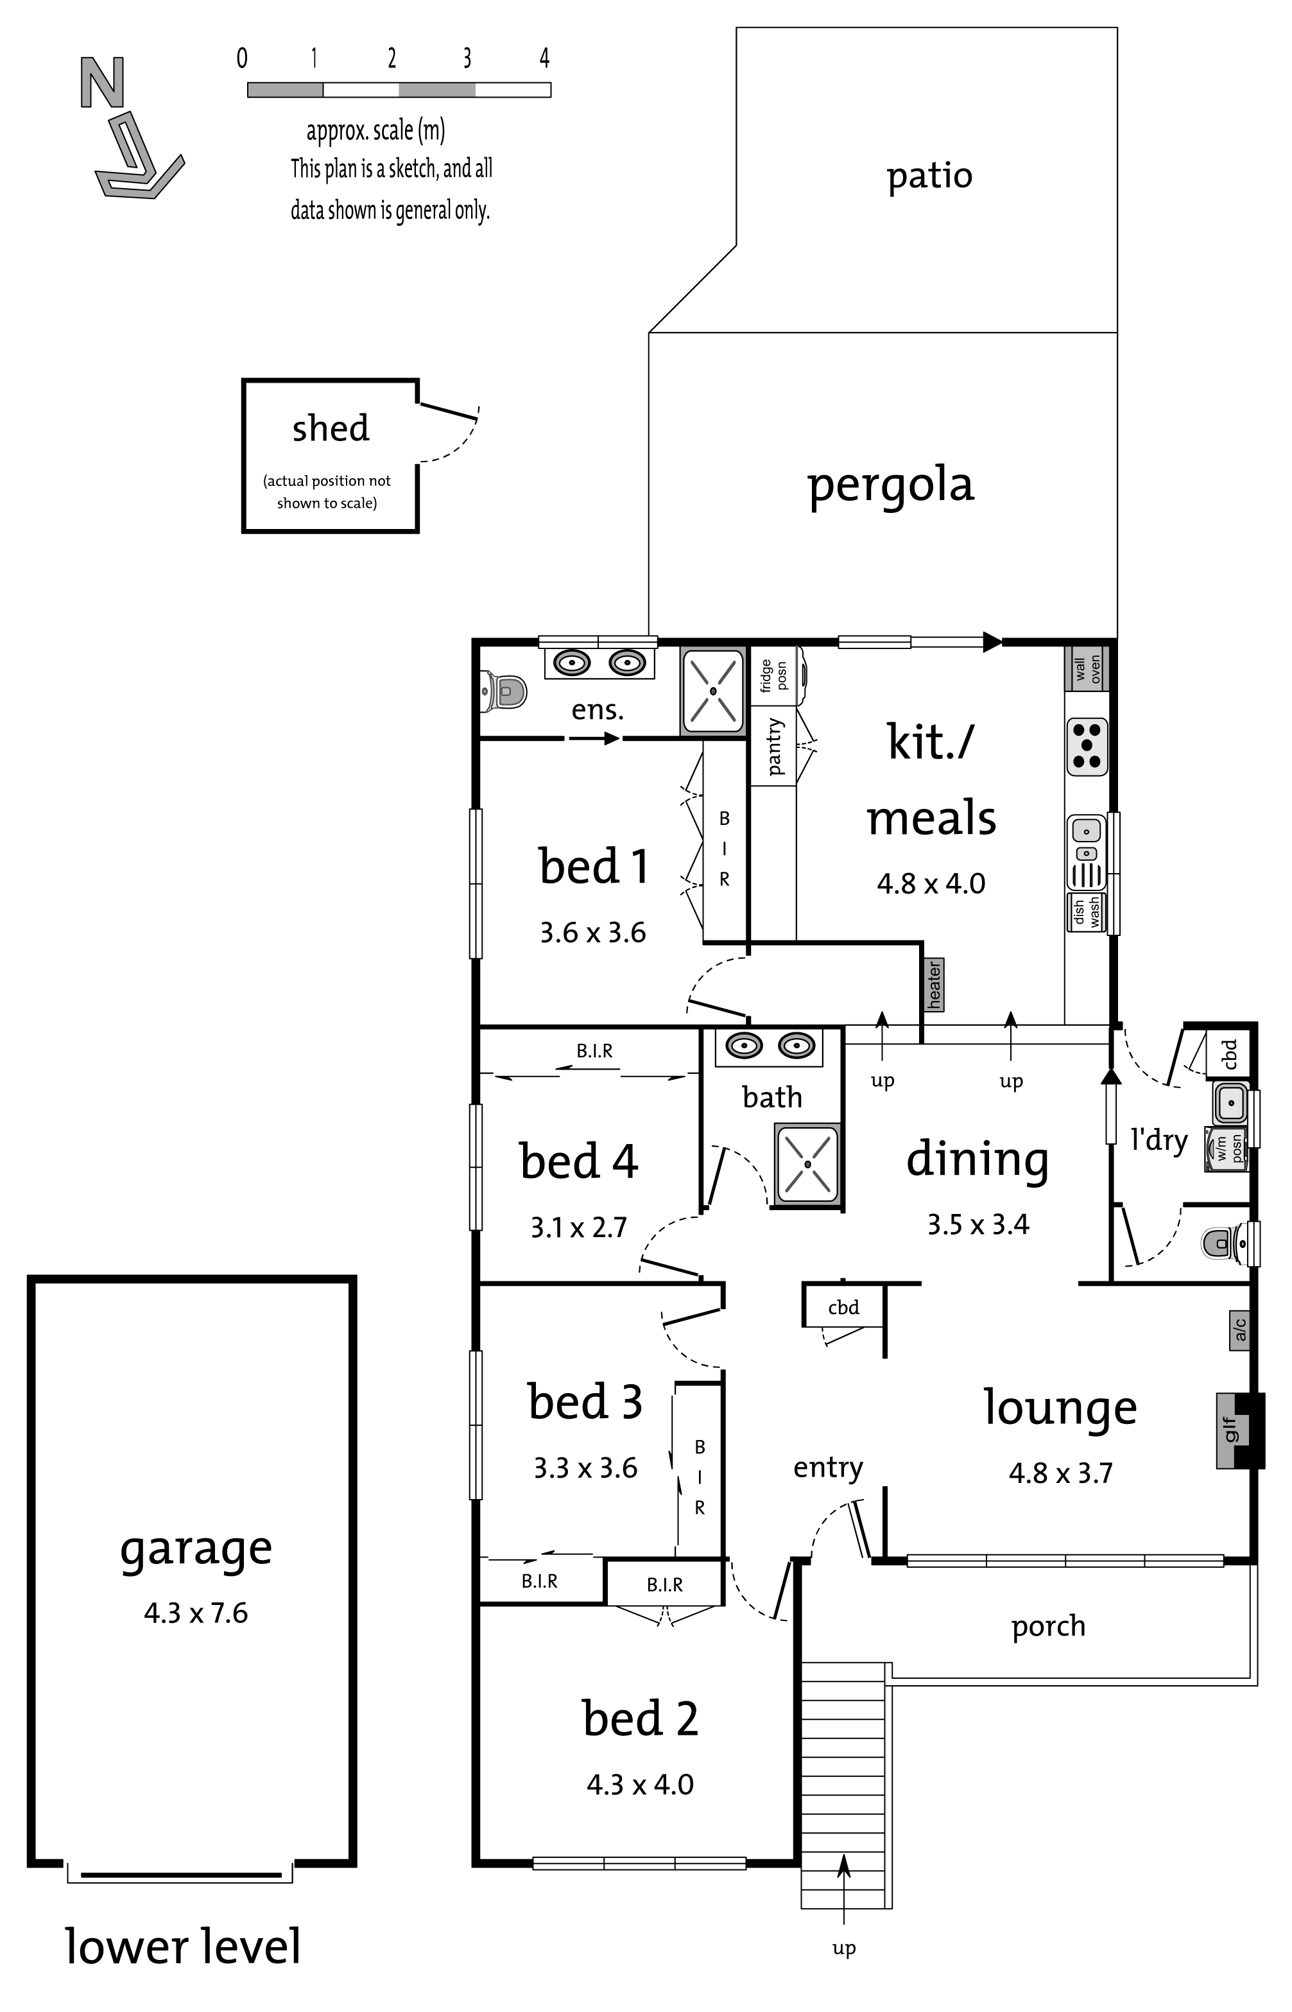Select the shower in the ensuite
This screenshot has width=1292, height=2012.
click(x=712, y=691)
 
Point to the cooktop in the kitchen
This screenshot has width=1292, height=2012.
click(x=1087, y=746)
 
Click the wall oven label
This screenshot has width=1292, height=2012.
click(x=1087, y=669)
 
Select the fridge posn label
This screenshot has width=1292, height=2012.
click(x=773, y=676)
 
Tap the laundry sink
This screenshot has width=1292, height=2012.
click(x=1231, y=1102)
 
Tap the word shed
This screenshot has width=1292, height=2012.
click(x=331, y=428)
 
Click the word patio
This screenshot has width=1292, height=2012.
click(x=929, y=176)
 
